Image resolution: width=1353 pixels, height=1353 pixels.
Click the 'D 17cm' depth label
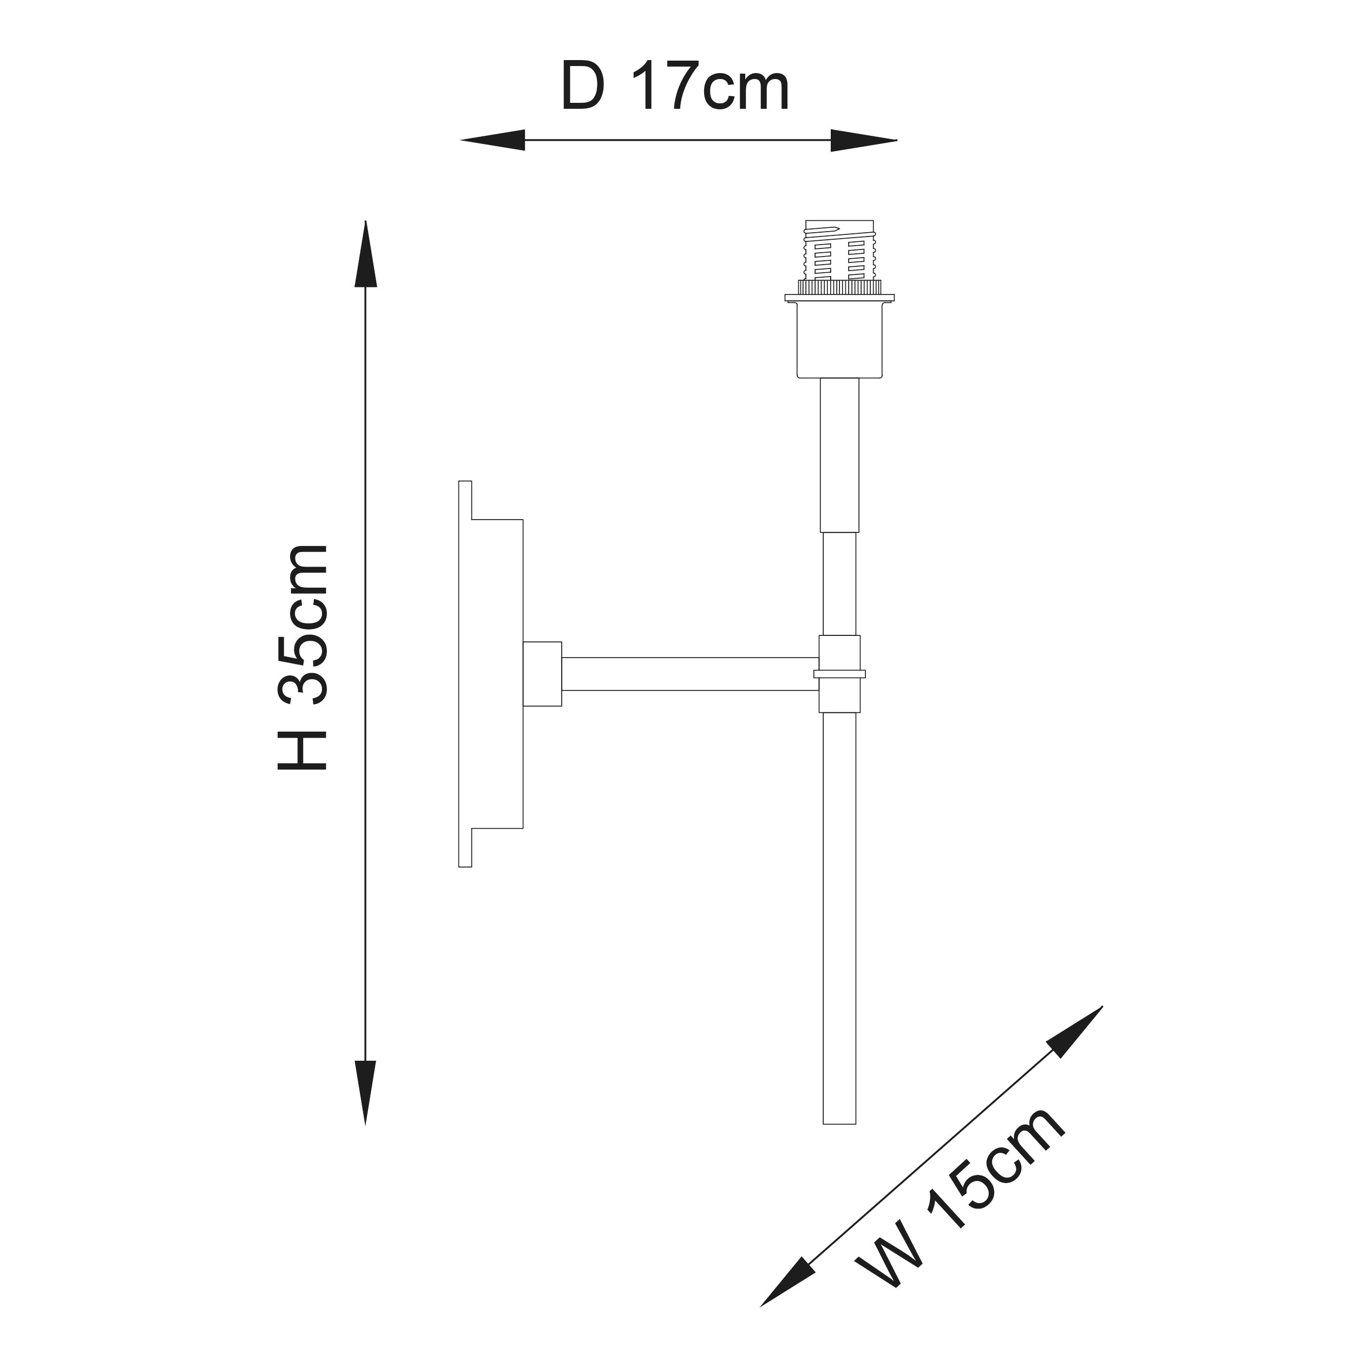click(x=675, y=87)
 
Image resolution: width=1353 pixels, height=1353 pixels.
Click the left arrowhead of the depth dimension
click(x=492, y=140)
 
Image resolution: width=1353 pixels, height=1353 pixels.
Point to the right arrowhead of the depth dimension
click(x=864, y=140)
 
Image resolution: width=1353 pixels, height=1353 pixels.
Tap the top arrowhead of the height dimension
click(x=365, y=253)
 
